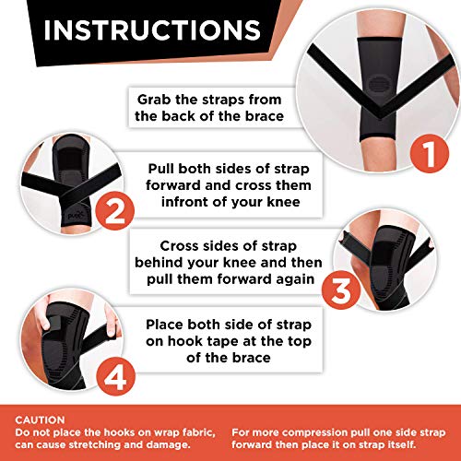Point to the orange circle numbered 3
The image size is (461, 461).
[x=340, y=290]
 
